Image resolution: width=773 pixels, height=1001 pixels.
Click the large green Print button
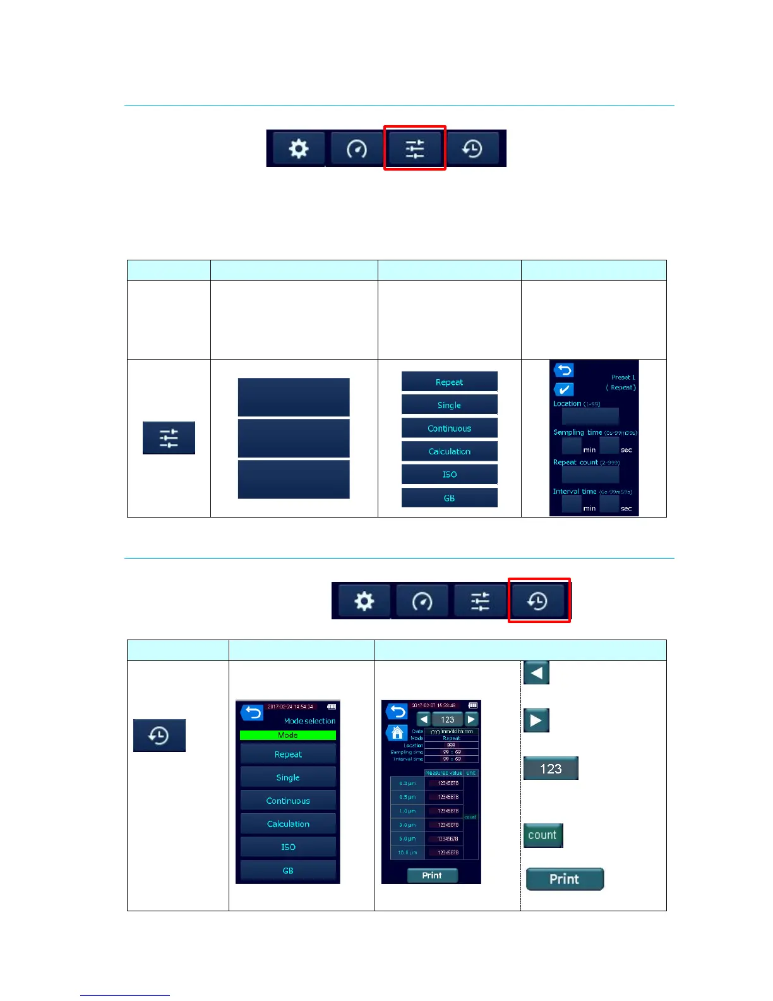[565, 879]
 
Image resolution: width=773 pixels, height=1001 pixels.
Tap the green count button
[542, 835]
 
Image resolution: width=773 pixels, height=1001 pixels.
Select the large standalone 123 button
[551, 768]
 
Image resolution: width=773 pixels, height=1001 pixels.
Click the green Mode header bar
[288, 735]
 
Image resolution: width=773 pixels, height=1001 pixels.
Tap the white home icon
[397, 733]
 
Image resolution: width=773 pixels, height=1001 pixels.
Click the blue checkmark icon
[564, 389]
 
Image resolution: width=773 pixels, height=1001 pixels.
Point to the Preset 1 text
[623, 377]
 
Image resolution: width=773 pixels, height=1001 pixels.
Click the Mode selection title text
[309, 721]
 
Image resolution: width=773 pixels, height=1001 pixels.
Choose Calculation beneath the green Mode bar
[288, 824]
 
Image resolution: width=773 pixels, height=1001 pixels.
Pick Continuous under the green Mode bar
[288, 801]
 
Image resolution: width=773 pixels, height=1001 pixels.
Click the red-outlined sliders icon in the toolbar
[415, 149]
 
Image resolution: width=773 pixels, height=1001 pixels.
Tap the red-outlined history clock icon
[538, 601]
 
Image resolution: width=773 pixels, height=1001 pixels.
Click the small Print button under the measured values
[432, 875]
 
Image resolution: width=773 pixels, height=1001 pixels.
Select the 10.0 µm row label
[407, 852]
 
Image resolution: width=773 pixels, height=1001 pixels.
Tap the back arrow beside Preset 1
[563, 370]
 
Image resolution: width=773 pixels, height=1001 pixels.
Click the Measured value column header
[444, 773]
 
